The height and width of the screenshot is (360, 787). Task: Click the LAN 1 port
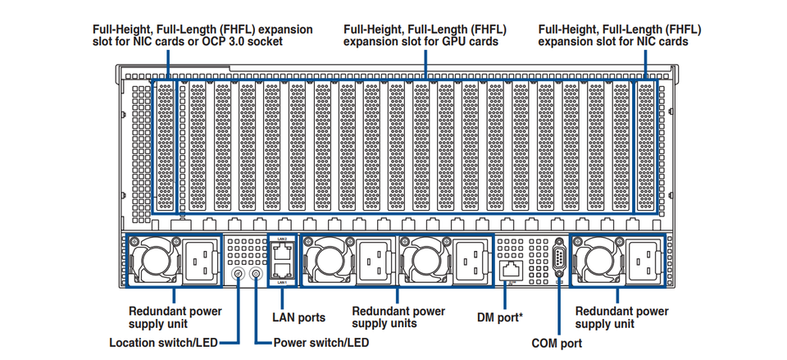[x=282, y=270]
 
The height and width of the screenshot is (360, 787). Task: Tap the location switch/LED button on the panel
[x=237, y=274]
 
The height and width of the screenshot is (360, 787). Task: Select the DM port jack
[x=512, y=271]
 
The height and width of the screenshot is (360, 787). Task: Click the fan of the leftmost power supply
[x=155, y=260]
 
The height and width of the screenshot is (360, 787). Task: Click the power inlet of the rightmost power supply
[x=644, y=260]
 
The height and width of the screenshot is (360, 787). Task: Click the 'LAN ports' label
[x=298, y=318]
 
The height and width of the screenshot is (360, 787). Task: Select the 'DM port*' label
[x=500, y=318]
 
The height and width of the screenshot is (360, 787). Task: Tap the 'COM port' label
[x=557, y=344]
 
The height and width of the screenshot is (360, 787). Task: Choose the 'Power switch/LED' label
[x=321, y=343]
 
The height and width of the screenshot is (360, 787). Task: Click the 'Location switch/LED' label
[x=164, y=343]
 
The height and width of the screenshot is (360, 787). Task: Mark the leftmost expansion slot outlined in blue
[x=165, y=146]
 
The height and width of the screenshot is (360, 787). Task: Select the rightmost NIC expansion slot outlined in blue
[x=645, y=146]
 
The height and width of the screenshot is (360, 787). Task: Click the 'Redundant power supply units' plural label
[x=398, y=317]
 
